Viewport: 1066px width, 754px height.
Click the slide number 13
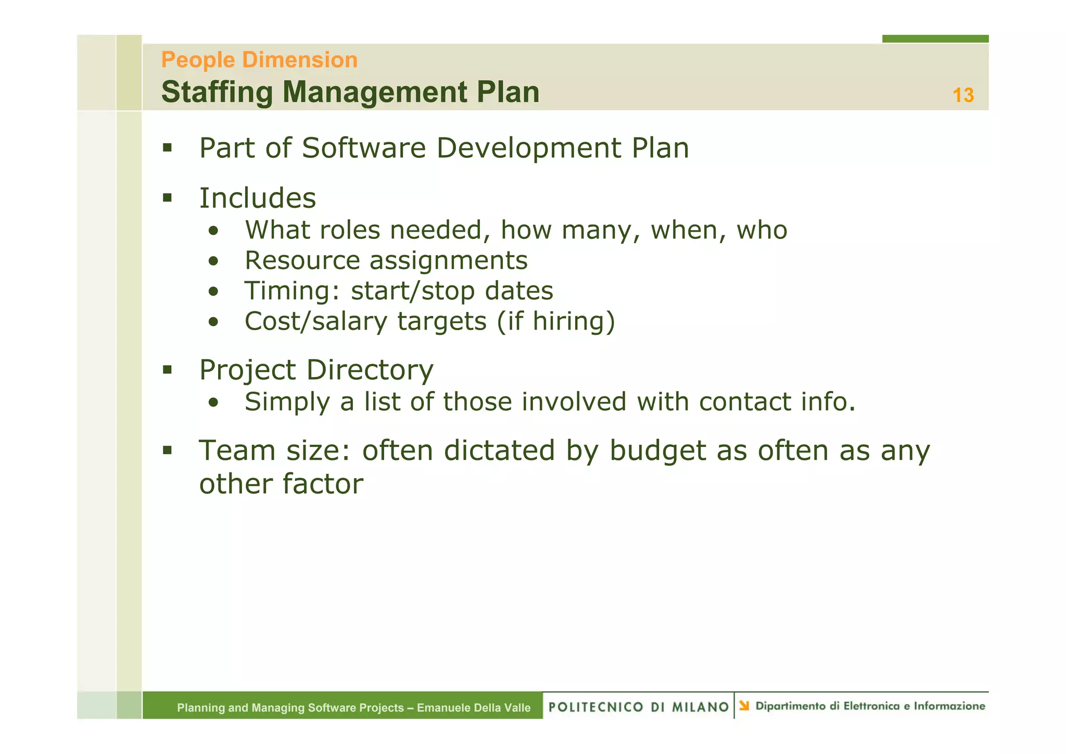962,95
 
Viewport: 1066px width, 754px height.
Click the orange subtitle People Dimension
259,60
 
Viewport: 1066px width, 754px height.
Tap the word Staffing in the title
217,92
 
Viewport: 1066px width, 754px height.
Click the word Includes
258,198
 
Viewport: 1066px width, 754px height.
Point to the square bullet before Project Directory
167,370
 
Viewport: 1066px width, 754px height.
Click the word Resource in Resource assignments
302,260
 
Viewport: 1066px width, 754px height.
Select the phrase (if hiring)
556,321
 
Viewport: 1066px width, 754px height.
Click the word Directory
370,370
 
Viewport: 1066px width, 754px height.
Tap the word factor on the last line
323,484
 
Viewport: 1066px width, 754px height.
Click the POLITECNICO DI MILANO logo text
638,707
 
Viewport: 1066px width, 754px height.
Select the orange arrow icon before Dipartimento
744,706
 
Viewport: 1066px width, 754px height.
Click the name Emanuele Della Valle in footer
473,708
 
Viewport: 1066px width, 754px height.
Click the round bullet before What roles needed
213,231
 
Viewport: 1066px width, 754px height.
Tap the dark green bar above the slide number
935,39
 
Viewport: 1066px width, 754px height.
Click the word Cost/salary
316,321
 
